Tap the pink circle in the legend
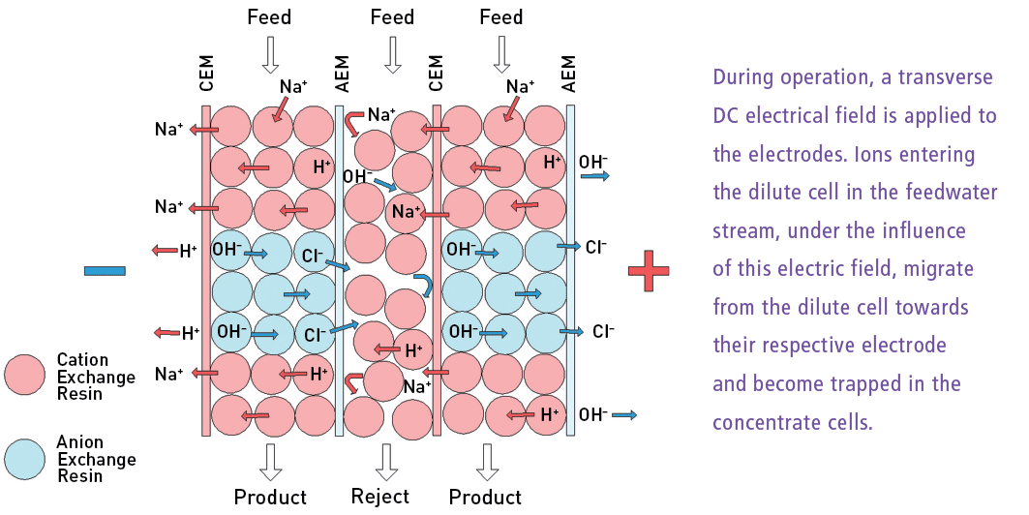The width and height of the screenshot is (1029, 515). coord(25,375)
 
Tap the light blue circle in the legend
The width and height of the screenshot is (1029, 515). coord(25,458)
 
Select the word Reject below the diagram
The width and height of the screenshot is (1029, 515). coord(379,497)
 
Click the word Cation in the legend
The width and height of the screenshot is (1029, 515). coord(83,360)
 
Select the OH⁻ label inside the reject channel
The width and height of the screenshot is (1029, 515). coord(357,177)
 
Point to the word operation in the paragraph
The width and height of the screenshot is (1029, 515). coord(827,77)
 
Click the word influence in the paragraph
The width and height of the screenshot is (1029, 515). coord(916,231)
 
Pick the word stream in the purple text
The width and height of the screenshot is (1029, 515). coord(744,231)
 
